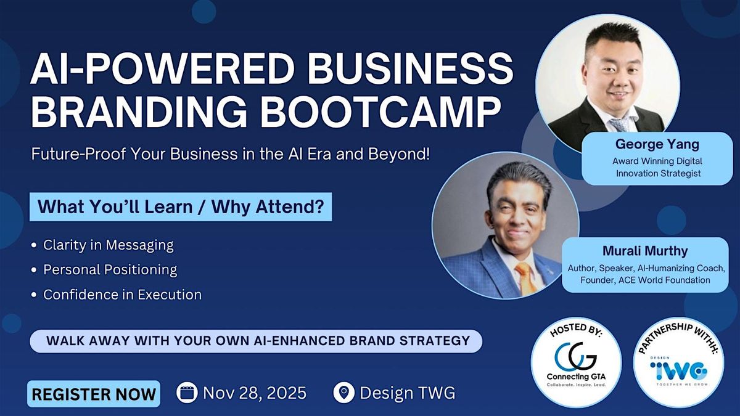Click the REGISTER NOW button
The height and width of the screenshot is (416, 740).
[94, 394]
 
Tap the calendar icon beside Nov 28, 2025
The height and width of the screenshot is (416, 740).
[186, 393]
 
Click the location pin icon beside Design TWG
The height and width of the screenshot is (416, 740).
[343, 393]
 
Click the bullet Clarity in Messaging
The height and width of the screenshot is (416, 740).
[108, 245]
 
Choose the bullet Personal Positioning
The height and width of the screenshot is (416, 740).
[110, 269]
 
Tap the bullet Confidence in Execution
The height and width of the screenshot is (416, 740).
[122, 295]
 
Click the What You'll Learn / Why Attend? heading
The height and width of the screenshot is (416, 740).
[181, 207]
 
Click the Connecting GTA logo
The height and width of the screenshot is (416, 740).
[576, 360]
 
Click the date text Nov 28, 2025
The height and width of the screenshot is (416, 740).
[254, 393]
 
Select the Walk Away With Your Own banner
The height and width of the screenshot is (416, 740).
[256, 340]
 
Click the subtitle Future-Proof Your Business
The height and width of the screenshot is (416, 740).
[231, 154]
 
